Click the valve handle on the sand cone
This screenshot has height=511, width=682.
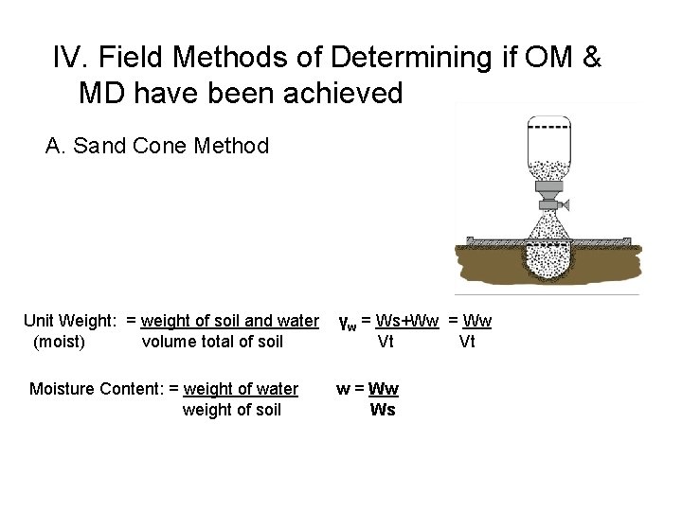coord(562,203)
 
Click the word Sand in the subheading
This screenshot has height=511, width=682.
coord(97,147)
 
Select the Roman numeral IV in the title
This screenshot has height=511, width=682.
coord(69,59)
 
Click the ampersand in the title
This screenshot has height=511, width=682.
coord(589,59)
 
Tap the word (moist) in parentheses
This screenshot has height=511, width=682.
coord(59,342)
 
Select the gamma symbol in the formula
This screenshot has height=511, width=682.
coord(347,324)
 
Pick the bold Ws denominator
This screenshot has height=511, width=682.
coord(383,410)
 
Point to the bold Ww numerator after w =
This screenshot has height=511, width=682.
coord(384,389)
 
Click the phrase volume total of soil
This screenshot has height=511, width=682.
coord(211,342)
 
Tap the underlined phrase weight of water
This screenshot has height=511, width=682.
coord(241,389)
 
